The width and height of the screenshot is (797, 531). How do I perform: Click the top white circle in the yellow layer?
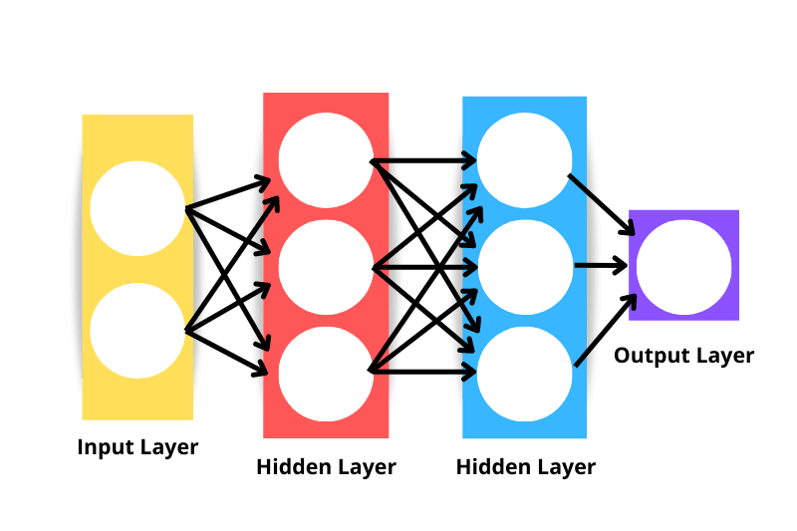(x=137, y=208)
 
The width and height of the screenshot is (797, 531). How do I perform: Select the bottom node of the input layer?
(x=137, y=330)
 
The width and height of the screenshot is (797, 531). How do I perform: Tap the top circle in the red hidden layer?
(x=325, y=160)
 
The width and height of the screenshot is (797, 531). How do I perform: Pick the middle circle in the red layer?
(x=325, y=267)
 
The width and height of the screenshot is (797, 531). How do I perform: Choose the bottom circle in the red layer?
(x=325, y=373)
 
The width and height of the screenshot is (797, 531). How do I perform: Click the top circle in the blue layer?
(x=525, y=160)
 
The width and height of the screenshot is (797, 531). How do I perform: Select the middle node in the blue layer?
(x=525, y=266)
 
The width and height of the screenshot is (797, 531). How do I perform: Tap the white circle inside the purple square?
(x=683, y=266)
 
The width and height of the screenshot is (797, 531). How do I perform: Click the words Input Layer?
(x=137, y=447)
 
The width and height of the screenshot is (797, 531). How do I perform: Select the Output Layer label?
(x=683, y=356)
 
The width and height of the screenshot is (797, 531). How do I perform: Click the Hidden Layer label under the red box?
(x=326, y=467)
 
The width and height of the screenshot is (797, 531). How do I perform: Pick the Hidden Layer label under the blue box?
(x=525, y=467)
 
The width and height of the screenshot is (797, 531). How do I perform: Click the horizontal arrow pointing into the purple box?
(x=601, y=266)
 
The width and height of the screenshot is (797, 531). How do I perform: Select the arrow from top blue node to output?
(x=601, y=205)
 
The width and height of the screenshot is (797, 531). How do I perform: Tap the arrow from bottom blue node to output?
(x=602, y=330)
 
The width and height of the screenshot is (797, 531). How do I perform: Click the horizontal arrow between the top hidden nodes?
(x=423, y=160)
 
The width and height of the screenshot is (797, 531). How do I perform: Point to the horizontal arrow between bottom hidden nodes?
(x=423, y=373)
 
